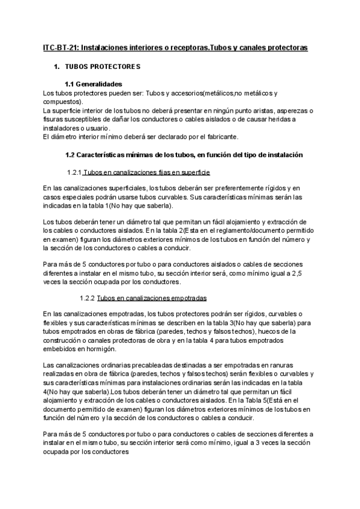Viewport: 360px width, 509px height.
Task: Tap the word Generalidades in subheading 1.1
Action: point(101,84)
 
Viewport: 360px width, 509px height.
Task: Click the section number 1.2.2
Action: point(88,298)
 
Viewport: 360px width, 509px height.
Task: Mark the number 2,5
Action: point(308,274)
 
